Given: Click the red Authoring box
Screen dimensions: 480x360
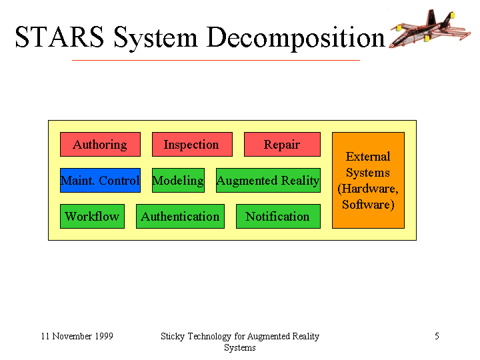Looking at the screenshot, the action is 100,144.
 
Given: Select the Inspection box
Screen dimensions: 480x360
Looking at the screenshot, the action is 192,144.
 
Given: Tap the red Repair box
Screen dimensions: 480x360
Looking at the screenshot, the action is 282,144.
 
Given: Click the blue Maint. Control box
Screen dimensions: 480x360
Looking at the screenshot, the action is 100,180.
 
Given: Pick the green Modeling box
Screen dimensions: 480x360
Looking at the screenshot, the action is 178,180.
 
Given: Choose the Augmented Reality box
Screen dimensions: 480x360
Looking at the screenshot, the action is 268,180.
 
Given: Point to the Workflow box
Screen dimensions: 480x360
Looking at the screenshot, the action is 92,217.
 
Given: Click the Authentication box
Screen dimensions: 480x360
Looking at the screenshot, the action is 180,217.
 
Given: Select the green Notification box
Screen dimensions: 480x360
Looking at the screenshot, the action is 278,217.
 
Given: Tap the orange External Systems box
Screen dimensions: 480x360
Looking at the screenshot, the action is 368,180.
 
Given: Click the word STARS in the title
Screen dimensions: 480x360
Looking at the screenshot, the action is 59,37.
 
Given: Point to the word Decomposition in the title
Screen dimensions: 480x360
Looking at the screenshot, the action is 296,39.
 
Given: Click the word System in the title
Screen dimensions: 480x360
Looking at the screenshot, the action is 155,39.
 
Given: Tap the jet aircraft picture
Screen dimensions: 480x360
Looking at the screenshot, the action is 430,29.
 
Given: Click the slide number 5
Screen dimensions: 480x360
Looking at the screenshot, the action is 437,336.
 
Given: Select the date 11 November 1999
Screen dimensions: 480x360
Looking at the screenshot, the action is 77,336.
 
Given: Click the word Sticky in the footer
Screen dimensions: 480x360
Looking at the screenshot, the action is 173,337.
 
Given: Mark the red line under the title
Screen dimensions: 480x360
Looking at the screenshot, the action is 216,60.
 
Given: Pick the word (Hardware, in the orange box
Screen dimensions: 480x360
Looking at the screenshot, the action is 368,189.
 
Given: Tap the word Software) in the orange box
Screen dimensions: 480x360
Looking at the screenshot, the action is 368,205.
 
